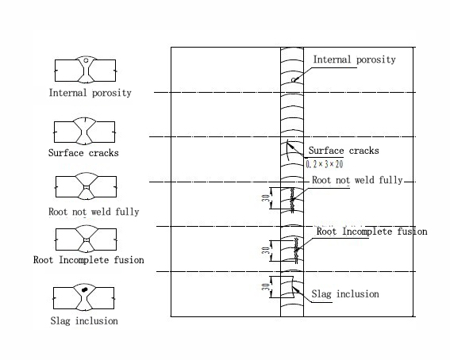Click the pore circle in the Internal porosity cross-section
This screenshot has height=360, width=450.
[86, 60]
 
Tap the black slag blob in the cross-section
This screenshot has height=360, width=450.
[84, 289]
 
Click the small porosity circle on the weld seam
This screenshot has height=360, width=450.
[294, 80]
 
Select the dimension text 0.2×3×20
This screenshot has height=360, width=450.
[325, 164]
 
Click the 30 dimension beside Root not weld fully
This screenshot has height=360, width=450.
[266, 198]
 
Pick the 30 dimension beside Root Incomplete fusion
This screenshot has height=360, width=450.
[266, 251]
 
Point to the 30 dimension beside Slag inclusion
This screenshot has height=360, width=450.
[266, 286]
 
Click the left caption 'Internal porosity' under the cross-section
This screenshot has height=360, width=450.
[90, 93]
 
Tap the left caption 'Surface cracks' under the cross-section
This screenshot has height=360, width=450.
[83, 153]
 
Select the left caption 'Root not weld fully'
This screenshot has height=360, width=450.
[94, 212]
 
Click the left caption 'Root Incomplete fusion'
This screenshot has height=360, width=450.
[89, 260]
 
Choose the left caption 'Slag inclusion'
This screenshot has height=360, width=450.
[84, 320]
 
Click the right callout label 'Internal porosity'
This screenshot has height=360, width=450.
[354, 59]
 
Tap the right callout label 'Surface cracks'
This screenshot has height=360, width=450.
[344, 151]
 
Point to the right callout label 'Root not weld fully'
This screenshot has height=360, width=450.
[357, 180]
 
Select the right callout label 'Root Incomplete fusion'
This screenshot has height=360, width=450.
[372, 232]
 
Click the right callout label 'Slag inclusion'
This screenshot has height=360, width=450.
[345, 294]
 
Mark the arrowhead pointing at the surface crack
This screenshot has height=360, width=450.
[290, 145]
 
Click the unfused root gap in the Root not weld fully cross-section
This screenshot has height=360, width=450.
[87, 187]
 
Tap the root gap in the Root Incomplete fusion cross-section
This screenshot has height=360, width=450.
[87, 240]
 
